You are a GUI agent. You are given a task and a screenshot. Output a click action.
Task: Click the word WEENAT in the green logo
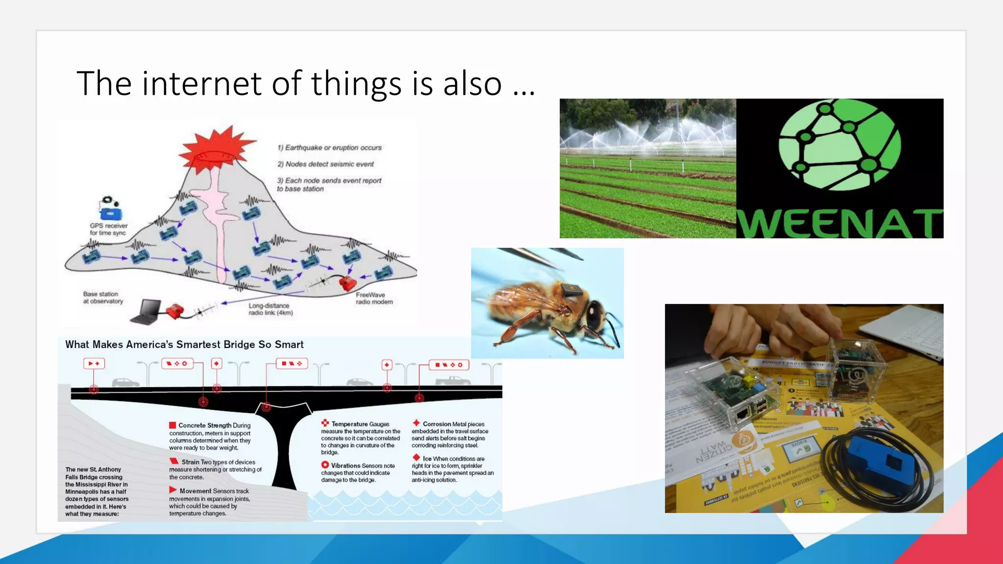point(839,224)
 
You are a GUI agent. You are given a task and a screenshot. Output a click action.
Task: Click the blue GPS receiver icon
point(110,213)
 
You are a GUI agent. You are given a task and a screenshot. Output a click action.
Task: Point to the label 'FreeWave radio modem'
point(374,298)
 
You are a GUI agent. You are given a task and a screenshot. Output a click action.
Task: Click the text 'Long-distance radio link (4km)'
point(270,309)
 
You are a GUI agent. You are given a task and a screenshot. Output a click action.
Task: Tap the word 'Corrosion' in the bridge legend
point(436,424)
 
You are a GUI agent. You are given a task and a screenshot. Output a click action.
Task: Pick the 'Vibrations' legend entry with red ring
point(345,466)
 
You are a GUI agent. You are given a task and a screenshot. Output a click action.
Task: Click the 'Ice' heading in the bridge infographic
point(427,459)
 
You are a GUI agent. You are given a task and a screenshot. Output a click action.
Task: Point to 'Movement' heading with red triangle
point(195,491)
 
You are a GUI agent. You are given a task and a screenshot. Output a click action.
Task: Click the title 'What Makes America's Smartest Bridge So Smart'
point(184,345)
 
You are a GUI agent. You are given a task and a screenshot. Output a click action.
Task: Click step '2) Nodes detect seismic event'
point(325,164)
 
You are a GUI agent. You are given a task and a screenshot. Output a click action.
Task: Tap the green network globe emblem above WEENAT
point(839,145)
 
